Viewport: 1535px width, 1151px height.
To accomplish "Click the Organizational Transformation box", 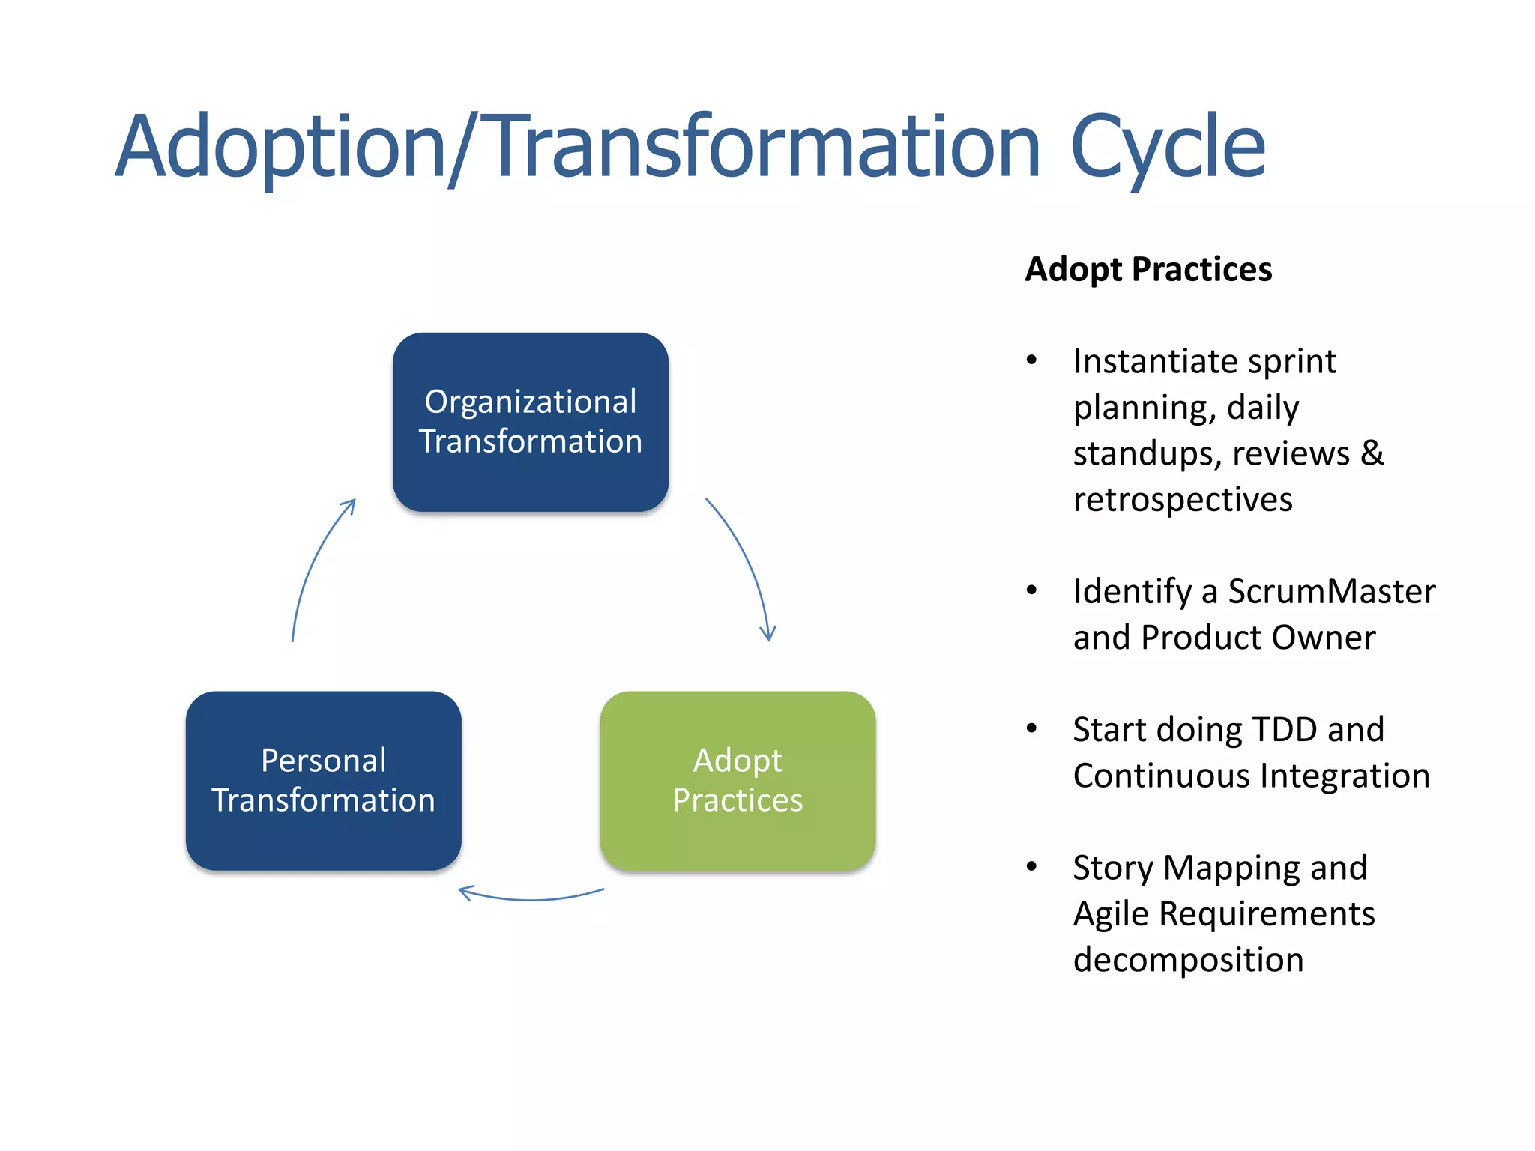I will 530,422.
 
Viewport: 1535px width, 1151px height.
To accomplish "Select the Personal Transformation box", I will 323,780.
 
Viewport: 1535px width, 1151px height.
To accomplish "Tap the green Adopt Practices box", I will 738,780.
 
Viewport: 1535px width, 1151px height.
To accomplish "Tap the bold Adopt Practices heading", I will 1148,269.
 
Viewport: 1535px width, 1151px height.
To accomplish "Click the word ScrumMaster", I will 1331,591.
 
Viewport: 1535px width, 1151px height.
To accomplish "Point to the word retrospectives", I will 1183,499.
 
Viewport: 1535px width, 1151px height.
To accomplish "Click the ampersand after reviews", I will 1372,453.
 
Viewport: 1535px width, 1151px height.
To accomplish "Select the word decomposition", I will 1188,960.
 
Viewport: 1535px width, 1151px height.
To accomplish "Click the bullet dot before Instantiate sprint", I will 1032,360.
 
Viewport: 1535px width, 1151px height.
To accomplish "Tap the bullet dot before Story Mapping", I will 1032,867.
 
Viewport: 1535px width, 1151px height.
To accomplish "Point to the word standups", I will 1147,453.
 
